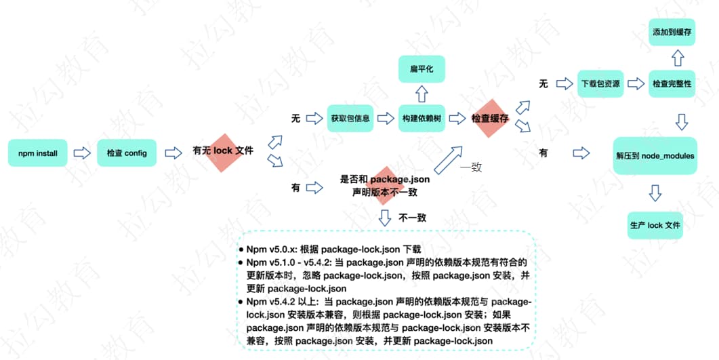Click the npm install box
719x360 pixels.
38,153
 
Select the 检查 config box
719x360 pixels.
127,153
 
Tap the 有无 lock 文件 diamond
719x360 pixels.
223,151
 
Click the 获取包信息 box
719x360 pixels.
350,118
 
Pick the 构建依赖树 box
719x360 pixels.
422,118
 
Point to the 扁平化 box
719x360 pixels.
422,69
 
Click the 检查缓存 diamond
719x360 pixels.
491,118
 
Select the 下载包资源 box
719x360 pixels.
600,84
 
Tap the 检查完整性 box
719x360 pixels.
672,84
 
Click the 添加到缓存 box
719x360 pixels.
672,32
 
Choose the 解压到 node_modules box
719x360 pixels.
654,156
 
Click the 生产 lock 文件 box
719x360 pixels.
655,225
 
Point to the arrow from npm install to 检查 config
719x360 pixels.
82,153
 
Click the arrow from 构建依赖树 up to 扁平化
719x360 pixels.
422,93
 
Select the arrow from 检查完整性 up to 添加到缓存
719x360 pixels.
672,58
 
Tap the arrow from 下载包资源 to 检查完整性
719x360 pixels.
636,84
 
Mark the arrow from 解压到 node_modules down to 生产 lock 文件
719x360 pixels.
655,193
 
